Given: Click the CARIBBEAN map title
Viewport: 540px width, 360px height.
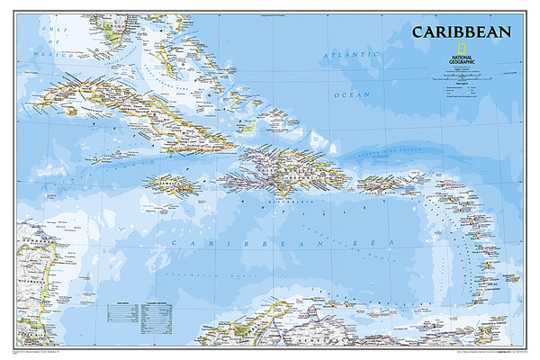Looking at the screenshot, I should click(x=462, y=32).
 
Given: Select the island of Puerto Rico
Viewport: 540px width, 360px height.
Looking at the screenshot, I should click(x=378, y=184).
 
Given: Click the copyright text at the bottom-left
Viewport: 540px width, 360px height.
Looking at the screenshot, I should click(x=54, y=349).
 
